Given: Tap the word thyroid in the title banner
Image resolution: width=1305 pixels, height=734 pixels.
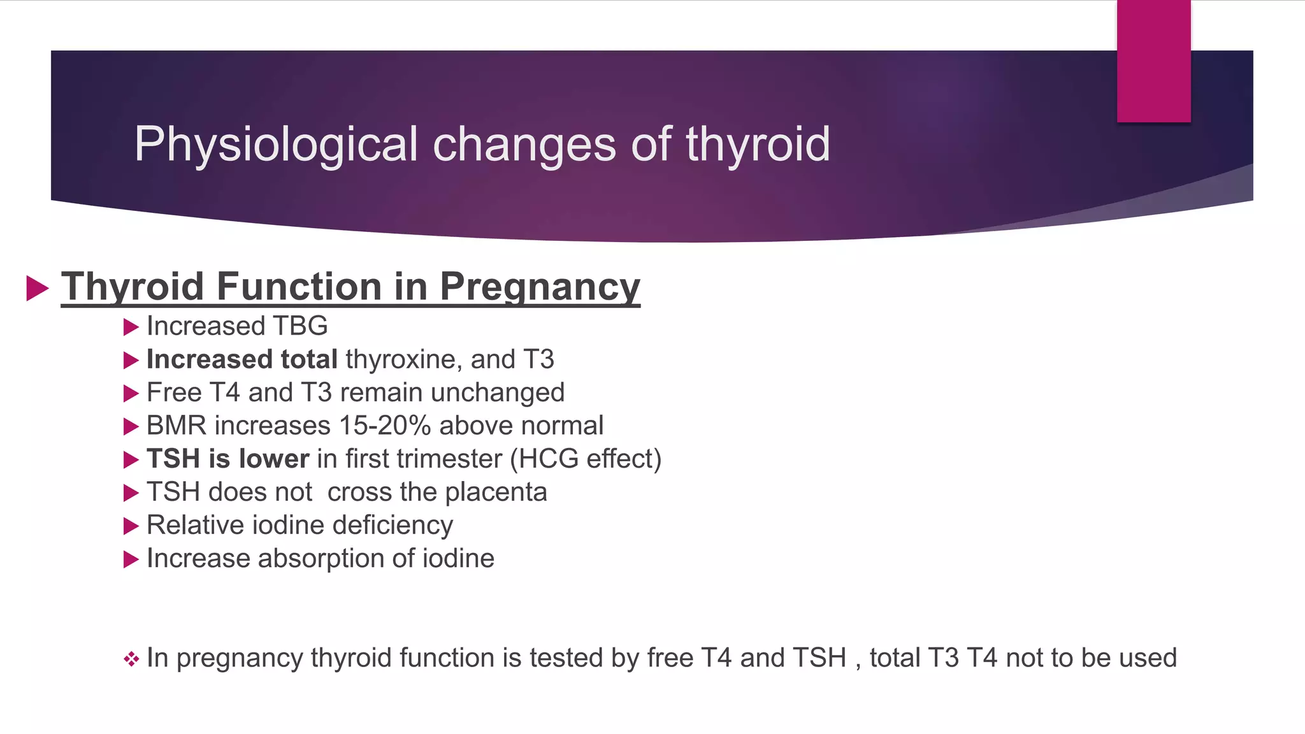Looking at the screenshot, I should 758,145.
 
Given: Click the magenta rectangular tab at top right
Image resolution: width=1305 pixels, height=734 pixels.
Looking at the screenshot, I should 1153,61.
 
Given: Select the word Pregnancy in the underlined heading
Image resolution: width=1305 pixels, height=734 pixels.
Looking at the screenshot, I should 540,287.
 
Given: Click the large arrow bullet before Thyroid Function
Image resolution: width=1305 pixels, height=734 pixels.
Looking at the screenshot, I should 38,288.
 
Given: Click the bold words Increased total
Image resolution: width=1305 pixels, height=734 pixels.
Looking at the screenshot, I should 242,359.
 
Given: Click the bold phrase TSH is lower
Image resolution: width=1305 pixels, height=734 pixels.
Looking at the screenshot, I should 227,459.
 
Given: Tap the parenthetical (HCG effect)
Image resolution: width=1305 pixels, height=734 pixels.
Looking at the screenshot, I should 586,459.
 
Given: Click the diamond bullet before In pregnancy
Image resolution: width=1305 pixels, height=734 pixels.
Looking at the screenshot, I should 131,659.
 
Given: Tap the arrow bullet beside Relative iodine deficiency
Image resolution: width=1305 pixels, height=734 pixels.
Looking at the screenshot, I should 131,526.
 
